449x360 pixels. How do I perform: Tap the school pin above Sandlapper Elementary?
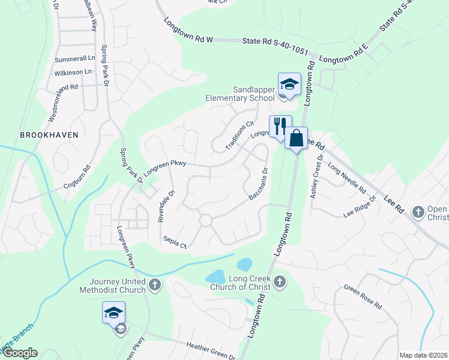click(x=289, y=83)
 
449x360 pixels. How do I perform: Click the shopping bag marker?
click(x=296, y=138)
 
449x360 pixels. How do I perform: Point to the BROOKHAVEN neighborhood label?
click(x=49, y=135)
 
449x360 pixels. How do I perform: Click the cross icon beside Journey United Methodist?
click(x=155, y=284)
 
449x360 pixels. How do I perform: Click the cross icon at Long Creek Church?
click(x=279, y=281)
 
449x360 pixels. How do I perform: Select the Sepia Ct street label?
click(x=176, y=242)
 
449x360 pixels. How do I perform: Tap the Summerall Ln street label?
click(x=75, y=60)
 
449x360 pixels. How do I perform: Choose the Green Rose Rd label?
click(x=363, y=296)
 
